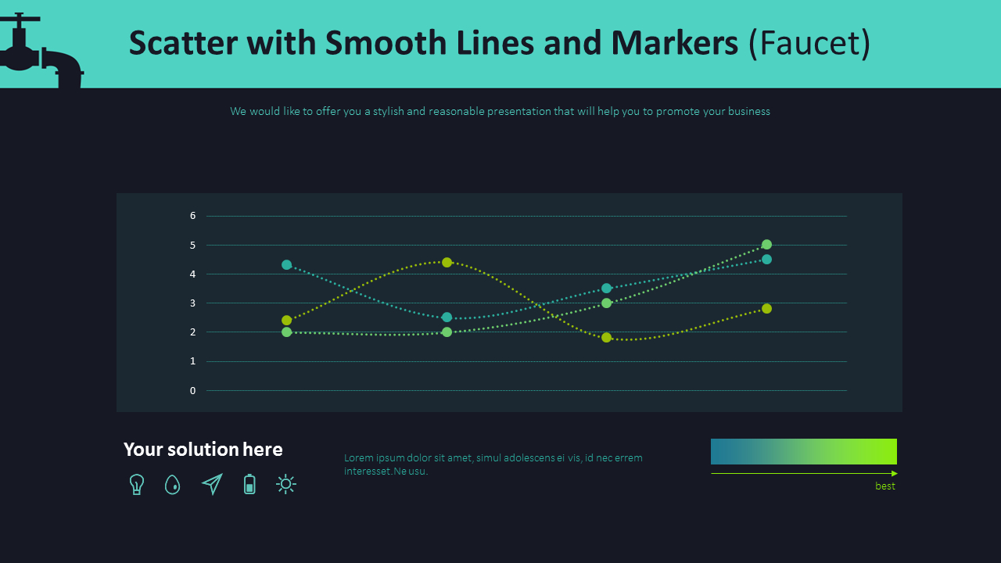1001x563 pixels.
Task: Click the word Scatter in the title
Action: coord(183,43)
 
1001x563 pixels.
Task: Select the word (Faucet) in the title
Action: coord(809,43)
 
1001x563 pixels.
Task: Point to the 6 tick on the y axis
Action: coord(192,216)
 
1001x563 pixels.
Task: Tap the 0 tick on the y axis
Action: coord(192,390)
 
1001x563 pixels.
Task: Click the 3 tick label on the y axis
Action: coord(192,303)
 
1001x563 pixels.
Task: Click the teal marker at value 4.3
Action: coord(287,265)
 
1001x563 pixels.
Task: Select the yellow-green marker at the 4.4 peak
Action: coord(447,262)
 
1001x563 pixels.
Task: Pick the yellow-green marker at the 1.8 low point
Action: coord(606,338)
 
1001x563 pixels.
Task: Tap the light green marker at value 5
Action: coord(766,245)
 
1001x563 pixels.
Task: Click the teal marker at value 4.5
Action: coord(766,260)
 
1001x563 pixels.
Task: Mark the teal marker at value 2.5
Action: coord(447,317)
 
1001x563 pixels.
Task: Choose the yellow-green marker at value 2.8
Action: coord(766,309)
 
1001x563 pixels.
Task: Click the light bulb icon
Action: coord(137,485)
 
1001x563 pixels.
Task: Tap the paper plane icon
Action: coord(212,485)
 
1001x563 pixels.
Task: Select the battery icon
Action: coord(249,485)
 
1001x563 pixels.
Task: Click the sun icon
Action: coord(286,485)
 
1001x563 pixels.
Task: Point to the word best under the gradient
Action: coord(885,486)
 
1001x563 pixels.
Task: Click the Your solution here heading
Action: coord(203,450)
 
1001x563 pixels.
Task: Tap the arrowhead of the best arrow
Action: coord(894,473)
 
